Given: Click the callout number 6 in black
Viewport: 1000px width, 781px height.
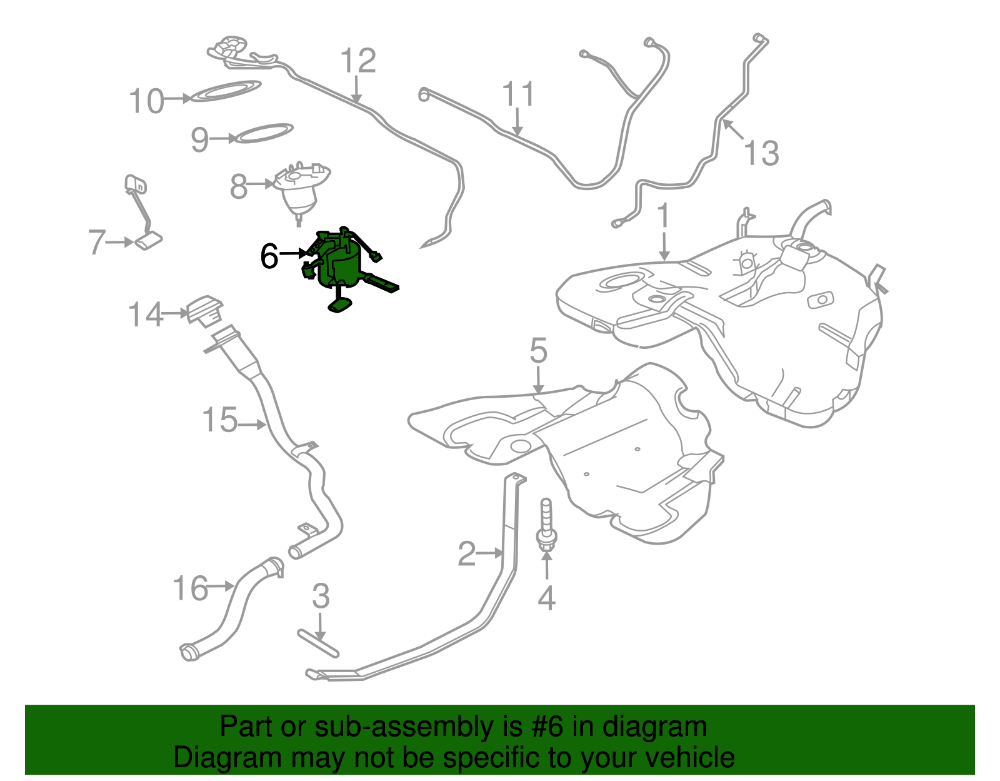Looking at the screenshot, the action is [269, 256].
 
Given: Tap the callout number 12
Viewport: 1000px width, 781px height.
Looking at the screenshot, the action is [358, 61].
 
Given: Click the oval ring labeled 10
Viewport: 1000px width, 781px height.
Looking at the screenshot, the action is [226, 91].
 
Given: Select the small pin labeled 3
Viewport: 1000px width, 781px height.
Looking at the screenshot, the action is [319, 643].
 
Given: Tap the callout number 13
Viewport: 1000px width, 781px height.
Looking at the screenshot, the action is [762, 153].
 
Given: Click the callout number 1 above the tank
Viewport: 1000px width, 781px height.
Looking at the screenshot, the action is [663, 215].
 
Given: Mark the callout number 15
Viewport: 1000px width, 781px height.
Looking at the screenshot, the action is [220, 420].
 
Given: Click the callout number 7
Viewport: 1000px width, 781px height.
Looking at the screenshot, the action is [97, 242].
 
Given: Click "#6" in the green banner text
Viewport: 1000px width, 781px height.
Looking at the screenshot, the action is [546, 727].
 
